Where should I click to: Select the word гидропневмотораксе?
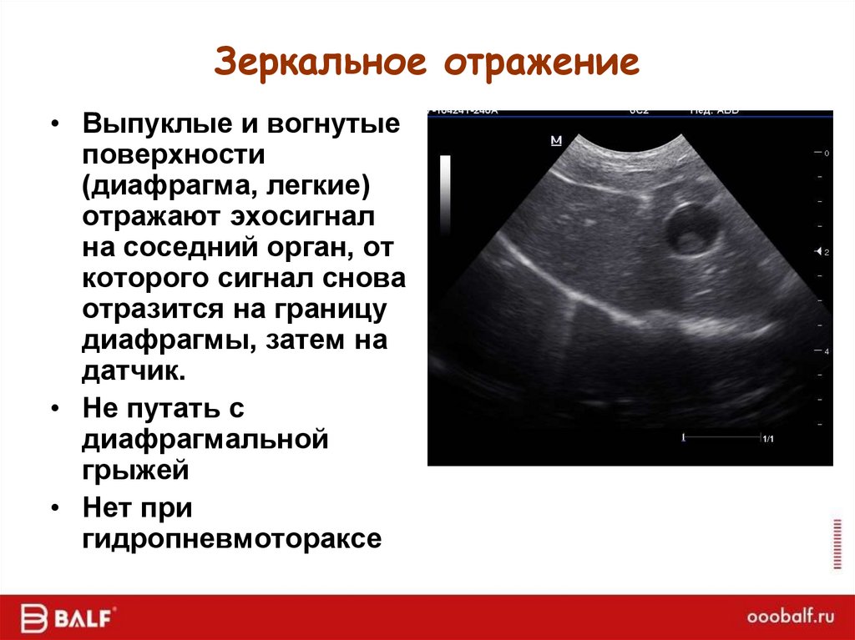point(231,538)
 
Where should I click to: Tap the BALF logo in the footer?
point(70,618)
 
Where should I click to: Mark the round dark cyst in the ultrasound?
point(691,229)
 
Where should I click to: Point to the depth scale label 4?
point(826,352)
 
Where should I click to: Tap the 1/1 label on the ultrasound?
point(767,438)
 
